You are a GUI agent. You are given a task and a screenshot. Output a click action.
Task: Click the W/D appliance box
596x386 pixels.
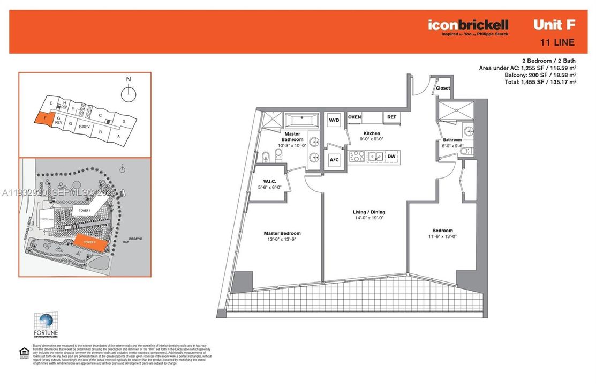pos(334,120)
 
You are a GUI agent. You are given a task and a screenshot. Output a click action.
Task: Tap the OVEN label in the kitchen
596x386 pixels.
pos(354,117)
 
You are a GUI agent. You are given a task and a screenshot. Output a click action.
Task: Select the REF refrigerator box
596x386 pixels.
pos(392,117)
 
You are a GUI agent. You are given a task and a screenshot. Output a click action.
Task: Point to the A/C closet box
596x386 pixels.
pos(334,160)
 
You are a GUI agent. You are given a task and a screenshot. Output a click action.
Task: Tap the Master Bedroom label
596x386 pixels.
pos(282,233)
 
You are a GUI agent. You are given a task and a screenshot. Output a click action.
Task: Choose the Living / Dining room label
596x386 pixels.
pos(369,212)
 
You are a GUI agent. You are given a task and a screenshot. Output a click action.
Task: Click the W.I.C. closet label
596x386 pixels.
pos(266,181)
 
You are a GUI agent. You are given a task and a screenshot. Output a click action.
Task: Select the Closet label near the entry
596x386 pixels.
pos(443,88)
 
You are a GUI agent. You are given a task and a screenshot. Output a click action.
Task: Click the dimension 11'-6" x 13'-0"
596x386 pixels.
pos(443,236)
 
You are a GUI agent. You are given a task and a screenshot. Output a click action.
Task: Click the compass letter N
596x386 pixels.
pos(129,79)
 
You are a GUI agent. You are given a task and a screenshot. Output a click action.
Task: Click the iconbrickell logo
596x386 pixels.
pos(468,25)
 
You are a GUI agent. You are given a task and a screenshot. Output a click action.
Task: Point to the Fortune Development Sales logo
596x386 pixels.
pos(46,325)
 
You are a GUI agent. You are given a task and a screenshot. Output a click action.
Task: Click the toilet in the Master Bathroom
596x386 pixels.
pos(277,157)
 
